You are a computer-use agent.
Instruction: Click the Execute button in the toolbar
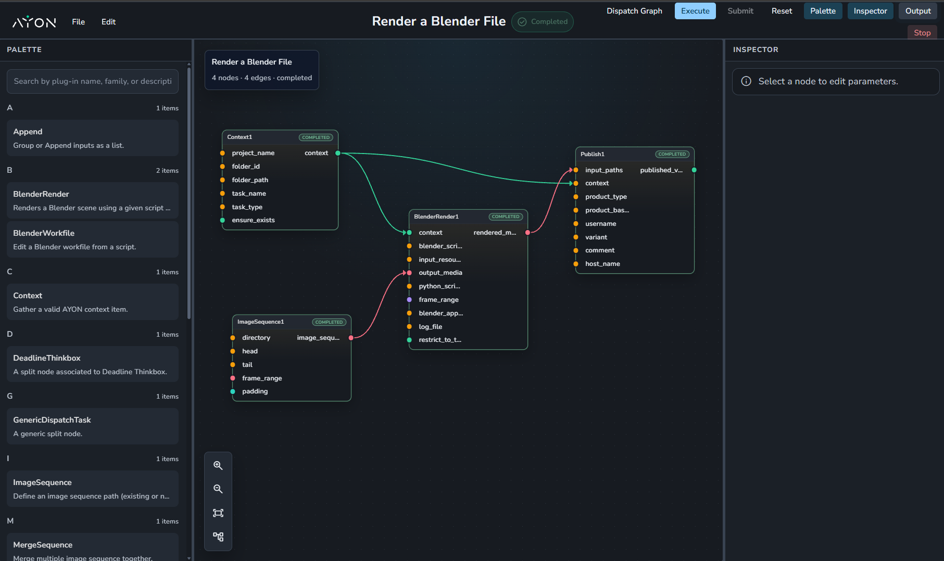(695, 11)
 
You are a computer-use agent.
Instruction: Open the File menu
(78, 22)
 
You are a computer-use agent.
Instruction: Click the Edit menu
(108, 22)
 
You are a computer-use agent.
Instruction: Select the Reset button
(782, 11)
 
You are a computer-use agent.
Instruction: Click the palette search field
(93, 81)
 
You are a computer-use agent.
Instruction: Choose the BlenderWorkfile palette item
(93, 239)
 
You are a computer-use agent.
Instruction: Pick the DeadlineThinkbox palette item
(93, 364)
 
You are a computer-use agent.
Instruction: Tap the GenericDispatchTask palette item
(93, 426)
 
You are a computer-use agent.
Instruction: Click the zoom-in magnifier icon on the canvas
(218, 465)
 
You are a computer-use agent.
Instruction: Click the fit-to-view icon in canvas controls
(218, 513)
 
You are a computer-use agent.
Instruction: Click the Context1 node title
(240, 137)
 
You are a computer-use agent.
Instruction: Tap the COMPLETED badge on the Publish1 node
(672, 154)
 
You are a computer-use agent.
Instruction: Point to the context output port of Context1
(338, 153)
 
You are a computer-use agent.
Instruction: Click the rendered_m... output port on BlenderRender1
(527, 233)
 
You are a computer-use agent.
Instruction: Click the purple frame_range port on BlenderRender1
(409, 300)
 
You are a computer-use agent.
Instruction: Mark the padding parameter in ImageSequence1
(255, 391)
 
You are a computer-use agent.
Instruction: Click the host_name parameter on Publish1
(602, 264)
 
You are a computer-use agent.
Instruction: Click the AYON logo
(34, 22)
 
